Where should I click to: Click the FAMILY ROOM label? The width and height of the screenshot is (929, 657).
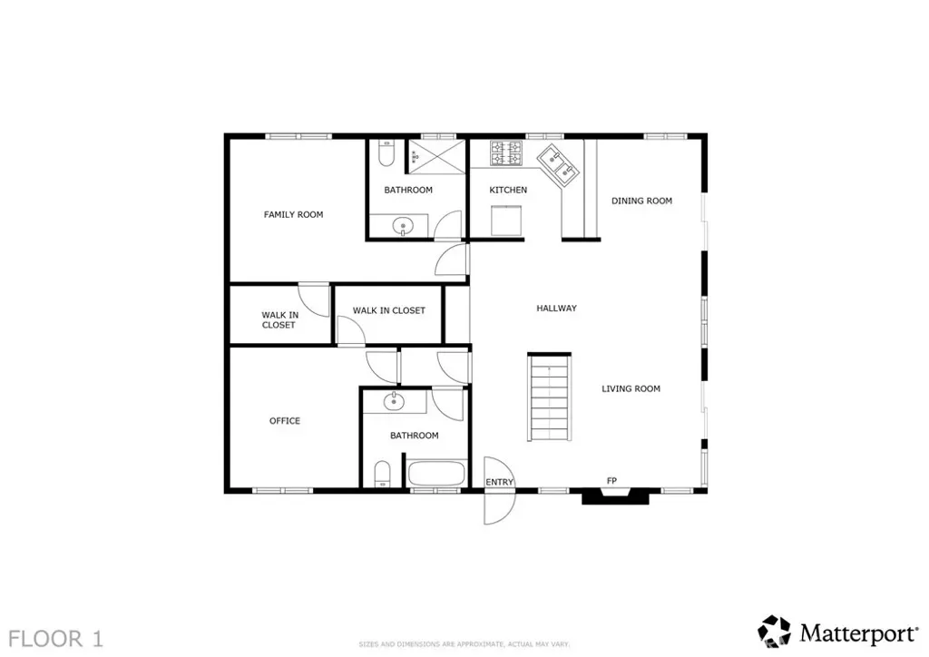[x=293, y=214]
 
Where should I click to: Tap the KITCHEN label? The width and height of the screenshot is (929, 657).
[x=508, y=191]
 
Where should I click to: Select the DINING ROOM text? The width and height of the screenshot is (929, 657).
[x=641, y=201]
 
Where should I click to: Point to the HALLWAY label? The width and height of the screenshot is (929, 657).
[x=556, y=308]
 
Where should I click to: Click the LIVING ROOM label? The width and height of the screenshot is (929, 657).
[x=631, y=388]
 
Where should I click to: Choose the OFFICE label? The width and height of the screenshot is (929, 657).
[x=285, y=421]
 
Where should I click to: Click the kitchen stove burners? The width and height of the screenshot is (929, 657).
[x=506, y=152]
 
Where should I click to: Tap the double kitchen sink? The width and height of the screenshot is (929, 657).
[x=559, y=165]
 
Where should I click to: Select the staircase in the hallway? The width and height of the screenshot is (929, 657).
[x=549, y=397]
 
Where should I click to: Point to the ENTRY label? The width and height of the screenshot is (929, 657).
[x=499, y=482]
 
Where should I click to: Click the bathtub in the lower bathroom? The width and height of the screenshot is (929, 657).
[x=436, y=474]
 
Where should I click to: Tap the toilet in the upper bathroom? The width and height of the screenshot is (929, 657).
[x=386, y=153]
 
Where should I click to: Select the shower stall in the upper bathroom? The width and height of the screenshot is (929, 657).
[x=436, y=156]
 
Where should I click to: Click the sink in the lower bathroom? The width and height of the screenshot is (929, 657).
[x=394, y=402]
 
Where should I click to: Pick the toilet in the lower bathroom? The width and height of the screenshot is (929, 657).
[x=383, y=475]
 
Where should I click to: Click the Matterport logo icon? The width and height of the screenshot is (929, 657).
[x=775, y=632]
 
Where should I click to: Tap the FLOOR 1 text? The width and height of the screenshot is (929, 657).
[x=55, y=639]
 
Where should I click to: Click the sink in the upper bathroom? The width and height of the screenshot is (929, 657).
[x=404, y=226]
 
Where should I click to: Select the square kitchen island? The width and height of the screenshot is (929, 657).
[x=506, y=221]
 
